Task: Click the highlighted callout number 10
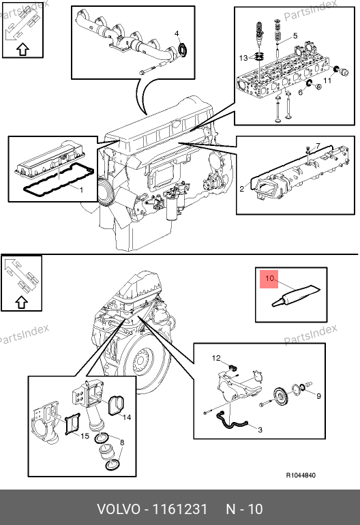[269, 278]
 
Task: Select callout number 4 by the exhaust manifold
[177, 33]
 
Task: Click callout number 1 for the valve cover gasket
[81, 190]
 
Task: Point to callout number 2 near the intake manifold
[242, 189]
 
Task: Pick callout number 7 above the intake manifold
[318, 146]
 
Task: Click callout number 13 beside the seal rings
[243, 58]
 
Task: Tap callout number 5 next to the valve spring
[295, 36]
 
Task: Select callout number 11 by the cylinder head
[327, 80]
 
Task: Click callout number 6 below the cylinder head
[301, 92]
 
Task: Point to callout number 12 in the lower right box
[216, 358]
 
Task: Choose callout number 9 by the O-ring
[318, 396]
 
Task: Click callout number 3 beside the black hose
[260, 430]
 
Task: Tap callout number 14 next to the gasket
[127, 417]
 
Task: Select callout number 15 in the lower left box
[85, 436]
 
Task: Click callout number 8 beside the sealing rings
[122, 442]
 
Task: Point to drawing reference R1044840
[301, 475]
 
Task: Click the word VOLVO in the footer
[119, 509]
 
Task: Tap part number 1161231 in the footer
[180, 509]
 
